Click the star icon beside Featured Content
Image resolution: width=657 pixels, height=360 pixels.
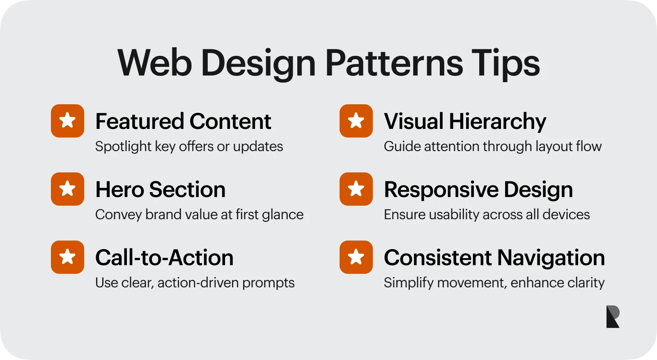click(x=67, y=121)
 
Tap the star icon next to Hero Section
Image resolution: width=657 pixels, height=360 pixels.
click(x=67, y=189)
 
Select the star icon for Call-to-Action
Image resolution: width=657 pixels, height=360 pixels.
click(x=67, y=257)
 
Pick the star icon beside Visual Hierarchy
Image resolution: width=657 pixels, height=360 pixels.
click(x=356, y=121)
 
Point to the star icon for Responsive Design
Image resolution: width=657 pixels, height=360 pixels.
click(x=356, y=189)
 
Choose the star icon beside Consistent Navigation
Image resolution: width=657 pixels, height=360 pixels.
click(x=356, y=257)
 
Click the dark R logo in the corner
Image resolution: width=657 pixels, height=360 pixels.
click(x=612, y=316)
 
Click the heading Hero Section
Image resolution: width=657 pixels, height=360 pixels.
click(x=160, y=190)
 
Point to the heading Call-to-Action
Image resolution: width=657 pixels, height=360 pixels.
click(x=164, y=258)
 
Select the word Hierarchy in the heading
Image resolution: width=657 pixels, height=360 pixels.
click(x=497, y=122)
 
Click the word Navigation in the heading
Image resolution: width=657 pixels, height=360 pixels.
click(x=551, y=258)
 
